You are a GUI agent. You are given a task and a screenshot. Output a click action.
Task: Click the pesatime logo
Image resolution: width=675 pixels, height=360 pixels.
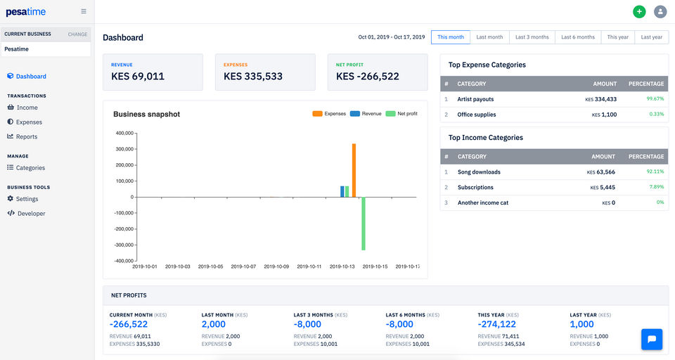(x=25, y=12)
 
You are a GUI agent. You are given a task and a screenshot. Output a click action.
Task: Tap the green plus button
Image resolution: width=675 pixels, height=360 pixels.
(x=639, y=12)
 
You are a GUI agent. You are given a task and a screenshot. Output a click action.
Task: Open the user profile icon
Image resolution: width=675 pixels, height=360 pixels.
(x=660, y=12)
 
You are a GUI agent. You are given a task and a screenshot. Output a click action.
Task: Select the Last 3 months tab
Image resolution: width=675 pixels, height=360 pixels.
(x=532, y=37)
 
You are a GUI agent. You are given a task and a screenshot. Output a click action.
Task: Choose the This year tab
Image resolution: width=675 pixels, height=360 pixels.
(x=618, y=37)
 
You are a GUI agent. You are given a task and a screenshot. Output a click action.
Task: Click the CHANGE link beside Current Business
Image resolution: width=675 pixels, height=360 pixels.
(x=77, y=34)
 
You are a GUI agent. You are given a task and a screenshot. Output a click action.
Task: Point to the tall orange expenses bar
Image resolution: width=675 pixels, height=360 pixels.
(x=354, y=171)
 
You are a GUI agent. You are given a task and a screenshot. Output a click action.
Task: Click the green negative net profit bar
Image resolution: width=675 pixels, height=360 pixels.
(x=364, y=224)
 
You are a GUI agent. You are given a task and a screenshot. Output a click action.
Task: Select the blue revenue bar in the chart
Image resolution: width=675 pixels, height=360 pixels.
(x=342, y=192)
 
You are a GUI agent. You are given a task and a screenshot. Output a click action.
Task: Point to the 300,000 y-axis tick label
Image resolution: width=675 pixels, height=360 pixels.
(x=124, y=149)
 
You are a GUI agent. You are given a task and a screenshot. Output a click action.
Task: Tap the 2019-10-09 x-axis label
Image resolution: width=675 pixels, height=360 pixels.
(x=276, y=266)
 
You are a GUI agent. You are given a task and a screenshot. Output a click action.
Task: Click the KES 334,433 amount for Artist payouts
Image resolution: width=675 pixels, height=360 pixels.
(x=601, y=99)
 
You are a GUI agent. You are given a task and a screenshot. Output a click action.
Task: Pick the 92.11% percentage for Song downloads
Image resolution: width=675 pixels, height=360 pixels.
(x=655, y=172)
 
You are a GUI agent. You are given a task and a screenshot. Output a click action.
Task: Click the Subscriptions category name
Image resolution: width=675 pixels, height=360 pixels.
(x=475, y=187)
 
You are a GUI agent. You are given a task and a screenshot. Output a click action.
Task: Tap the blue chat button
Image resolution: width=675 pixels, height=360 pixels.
(x=652, y=339)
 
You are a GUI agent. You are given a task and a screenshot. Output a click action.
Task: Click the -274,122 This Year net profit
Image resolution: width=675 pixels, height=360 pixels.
(x=497, y=324)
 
